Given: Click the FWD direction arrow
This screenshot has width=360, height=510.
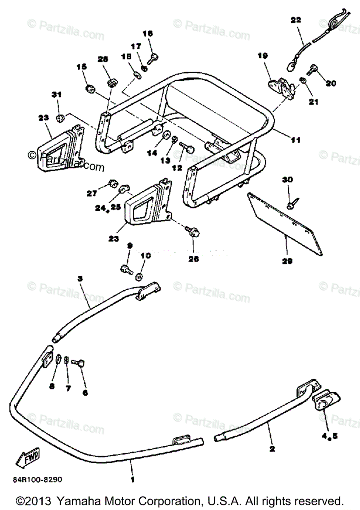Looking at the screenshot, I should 28,459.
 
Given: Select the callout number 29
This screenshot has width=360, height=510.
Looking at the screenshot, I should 288,261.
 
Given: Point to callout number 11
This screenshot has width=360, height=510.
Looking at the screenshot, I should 295,139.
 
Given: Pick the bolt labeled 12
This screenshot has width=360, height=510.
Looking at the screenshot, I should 187,148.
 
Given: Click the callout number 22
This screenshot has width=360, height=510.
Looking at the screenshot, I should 296,20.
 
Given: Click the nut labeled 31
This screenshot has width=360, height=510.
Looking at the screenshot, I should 60,116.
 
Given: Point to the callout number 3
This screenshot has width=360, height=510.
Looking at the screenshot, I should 80,278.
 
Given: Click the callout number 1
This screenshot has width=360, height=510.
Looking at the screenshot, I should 132,479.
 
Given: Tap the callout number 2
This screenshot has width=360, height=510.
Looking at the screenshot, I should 272,448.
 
